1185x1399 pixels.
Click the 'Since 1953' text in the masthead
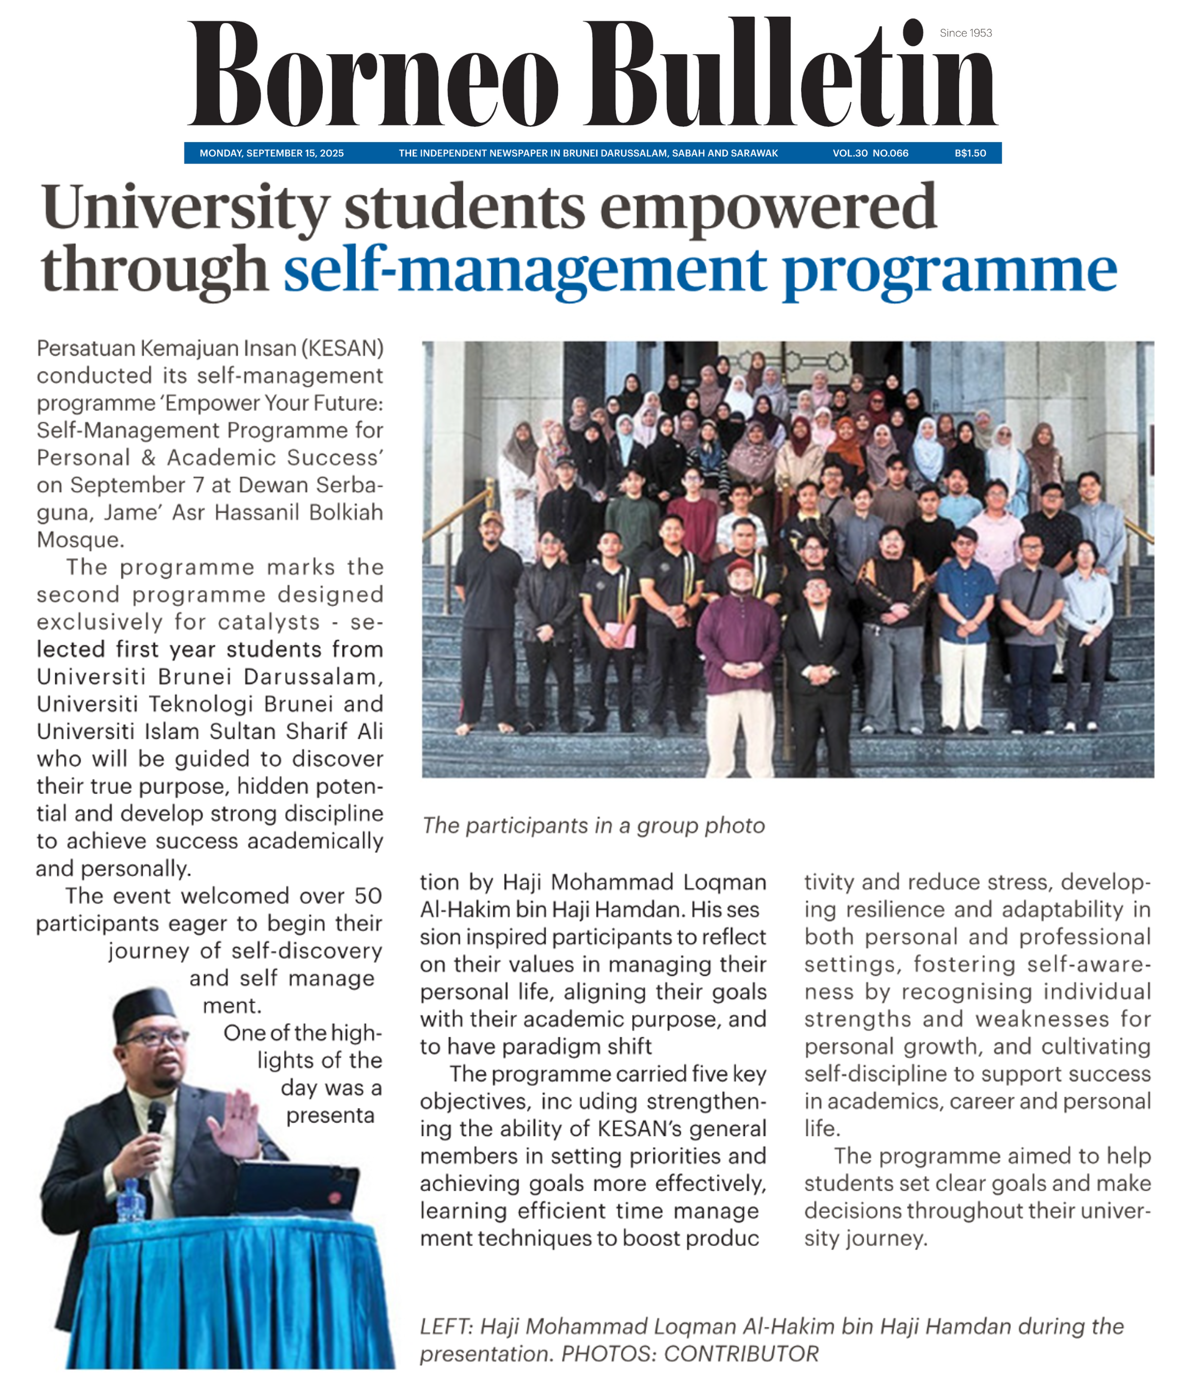[x=965, y=33]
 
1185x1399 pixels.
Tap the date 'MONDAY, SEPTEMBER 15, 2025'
[x=271, y=153]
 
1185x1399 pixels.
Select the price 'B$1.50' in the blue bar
[x=970, y=153]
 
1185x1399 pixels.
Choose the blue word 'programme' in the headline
[x=950, y=270]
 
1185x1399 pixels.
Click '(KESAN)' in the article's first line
[x=343, y=349]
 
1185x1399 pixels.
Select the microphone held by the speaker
[x=156, y=1116]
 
